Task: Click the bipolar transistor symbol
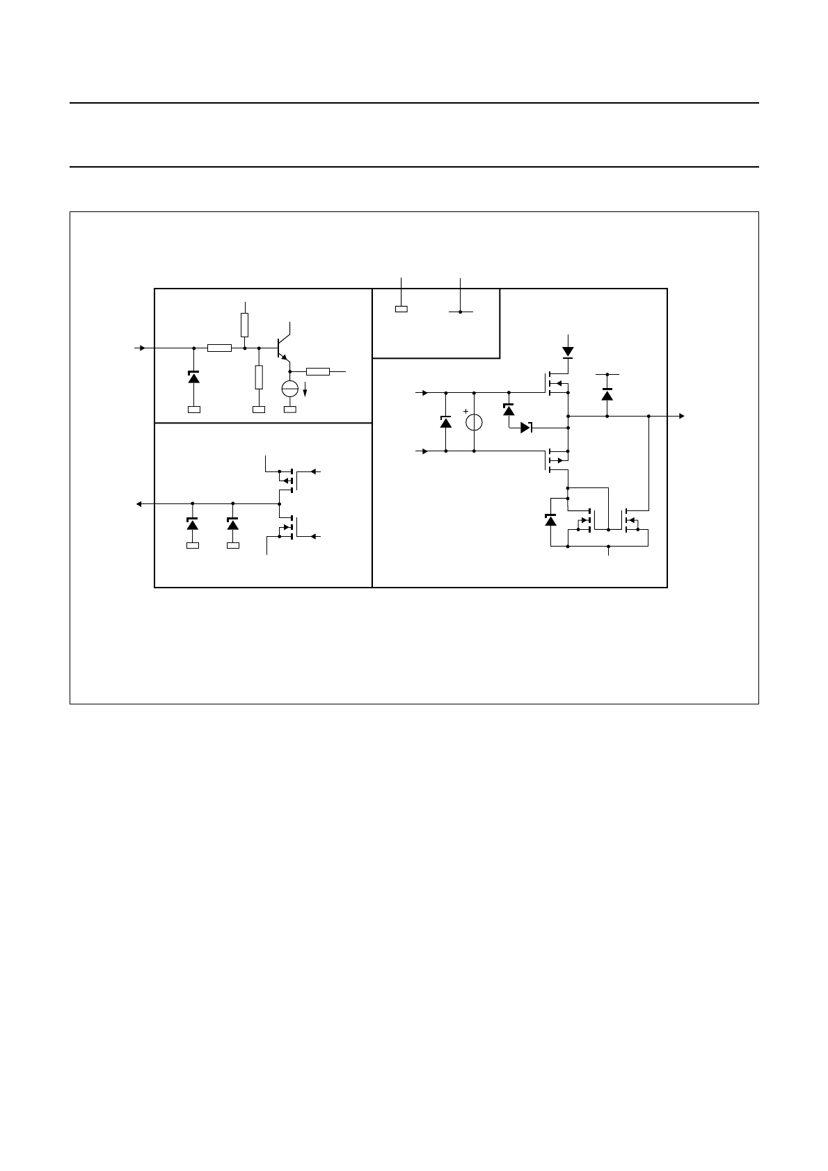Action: pyautogui.click(x=282, y=346)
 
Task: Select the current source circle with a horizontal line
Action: pyautogui.click(x=289, y=389)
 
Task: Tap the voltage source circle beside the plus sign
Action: pyautogui.click(x=474, y=422)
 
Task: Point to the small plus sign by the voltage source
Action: pyautogui.click(x=465, y=411)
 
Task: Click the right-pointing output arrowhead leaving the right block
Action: pyautogui.click(x=682, y=416)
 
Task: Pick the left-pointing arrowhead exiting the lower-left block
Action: pyautogui.click(x=139, y=503)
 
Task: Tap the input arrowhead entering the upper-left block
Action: pyautogui.click(x=143, y=347)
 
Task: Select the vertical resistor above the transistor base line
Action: pyautogui.click(x=245, y=324)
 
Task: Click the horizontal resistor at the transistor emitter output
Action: pyautogui.click(x=317, y=371)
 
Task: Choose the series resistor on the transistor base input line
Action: pyautogui.click(x=219, y=347)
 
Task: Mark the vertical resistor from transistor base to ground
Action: pyautogui.click(x=259, y=377)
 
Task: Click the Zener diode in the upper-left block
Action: pyautogui.click(x=193, y=377)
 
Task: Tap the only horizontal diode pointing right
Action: pyautogui.click(x=526, y=428)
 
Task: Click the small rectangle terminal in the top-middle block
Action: pyautogui.click(x=401, y=309)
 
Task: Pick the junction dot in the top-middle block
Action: pyautogui.click(x=461, y=312)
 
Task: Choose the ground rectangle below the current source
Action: pyautogui.click(x=289, y=410)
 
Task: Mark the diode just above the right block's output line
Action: pyautogui.click(x=607, y=394)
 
